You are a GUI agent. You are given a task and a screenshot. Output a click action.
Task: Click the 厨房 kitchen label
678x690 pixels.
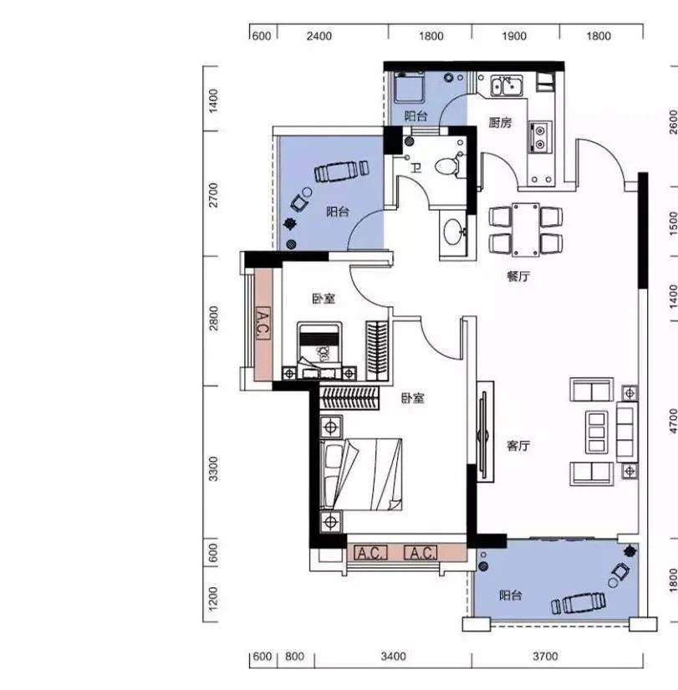click(x=500, y=122)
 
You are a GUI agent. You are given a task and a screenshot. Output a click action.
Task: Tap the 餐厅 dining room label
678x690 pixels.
click(x=517, y=276)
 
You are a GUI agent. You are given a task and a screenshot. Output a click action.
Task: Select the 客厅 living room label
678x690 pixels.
click(x=517, y=446)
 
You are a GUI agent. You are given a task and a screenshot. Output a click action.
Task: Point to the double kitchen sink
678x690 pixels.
click(x=507, y=86)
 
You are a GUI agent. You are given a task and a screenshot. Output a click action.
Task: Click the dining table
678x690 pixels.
click(x=526, y=229)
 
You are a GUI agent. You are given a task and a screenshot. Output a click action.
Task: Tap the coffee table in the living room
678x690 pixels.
click(x=596, y=432)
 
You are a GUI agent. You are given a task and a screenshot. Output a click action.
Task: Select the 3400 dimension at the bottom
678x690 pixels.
click(x=393, y=657)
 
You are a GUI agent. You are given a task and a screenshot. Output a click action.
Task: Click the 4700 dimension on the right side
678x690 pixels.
click(x=673, y=422)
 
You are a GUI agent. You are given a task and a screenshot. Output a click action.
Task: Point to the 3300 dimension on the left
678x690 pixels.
click(x=213, y=469)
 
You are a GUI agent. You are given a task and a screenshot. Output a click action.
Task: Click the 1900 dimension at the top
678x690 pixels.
click(x=514, y=36)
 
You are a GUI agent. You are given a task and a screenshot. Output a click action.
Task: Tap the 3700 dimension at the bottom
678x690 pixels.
click(x=545, y=657)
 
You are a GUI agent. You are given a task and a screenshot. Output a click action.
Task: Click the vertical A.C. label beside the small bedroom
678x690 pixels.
click(x=263, y=324)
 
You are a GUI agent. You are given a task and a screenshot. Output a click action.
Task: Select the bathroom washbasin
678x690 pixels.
click(x=453, y=232)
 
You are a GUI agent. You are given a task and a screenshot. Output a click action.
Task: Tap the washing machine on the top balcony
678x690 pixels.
click(x=409, y=87)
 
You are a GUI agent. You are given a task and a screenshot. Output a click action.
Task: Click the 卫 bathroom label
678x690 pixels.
click(x=415, y=168)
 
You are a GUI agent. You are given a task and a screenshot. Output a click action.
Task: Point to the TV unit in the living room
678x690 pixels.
click(x=485, y=437)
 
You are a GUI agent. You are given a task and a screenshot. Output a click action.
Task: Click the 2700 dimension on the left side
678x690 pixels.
click(x=213, y=195)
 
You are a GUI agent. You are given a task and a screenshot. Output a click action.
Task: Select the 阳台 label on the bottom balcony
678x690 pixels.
click(x=510, y=595)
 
